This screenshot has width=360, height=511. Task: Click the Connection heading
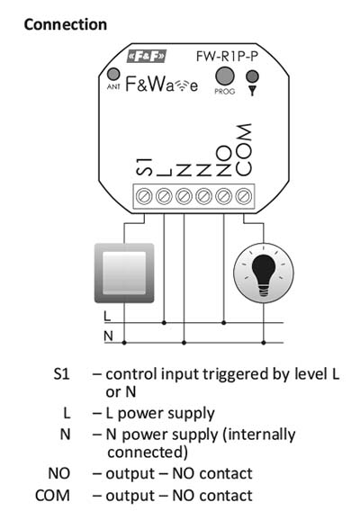[x=66, y=25]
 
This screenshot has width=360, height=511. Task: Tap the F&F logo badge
[x=147, y=57]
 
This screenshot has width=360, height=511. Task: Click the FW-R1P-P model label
[x=227, y=57]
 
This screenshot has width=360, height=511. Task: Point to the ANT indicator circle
[x=113, y=74]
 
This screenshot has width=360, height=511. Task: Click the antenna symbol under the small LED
[x=252, y=91]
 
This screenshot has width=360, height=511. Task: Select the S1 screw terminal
[x=144, y=196]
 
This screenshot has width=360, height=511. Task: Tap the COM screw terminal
[x=244, y=196]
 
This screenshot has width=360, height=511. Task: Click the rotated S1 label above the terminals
[x=144, y=167]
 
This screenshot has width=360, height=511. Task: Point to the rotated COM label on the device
[x=244, y=150]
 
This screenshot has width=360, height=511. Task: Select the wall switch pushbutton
[x=124, y=273]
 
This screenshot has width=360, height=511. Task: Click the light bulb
[x=264, y=273]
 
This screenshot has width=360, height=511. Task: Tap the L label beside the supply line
[x=107, y=316]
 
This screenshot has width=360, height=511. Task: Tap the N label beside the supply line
[x=108, y=336]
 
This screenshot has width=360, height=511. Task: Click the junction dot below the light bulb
[x=264, y=343]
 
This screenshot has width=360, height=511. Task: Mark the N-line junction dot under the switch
[x=124, y=343]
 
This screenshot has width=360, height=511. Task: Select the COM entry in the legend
[x=52, y=496]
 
